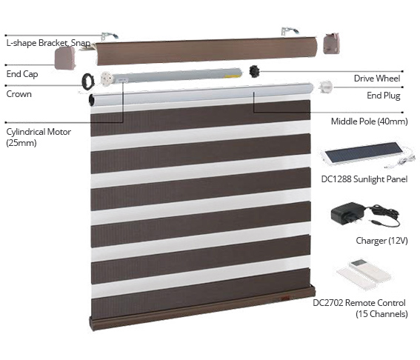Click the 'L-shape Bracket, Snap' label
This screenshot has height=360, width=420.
pyautogui.click(x=48, y=43)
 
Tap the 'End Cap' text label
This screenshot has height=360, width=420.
pyautogui.click(x=22, y=74)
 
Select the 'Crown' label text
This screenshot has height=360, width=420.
pyautogui.click(x=19, y=94)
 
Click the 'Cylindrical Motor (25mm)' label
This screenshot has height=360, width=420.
pyautogui.click(x=39, y=137)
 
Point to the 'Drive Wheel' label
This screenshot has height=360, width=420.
pyautogui.click(x=377, y=79)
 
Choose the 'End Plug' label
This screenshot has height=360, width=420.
pyautogui.click(x=383, y=96)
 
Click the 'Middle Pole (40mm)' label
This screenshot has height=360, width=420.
pyautogui.click(x=370, y=121)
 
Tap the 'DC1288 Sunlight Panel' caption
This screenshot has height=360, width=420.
pyautogui.click(x=364, y=179)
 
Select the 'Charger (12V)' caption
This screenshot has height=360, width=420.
pyautogui.click(x=381, y=241)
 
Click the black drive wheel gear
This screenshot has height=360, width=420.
pyautogui.click(x=254, y=71)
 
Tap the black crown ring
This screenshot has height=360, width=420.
pyautogui.click(x=88, y=81)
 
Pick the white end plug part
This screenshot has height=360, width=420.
pyautogui.click(x=325, y=87)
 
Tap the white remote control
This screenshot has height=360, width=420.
pyautogui.click(x=364, y=275)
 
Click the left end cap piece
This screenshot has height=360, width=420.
pyautogui.click(x=65, y=58)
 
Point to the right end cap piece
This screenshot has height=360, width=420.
pyautogui.click(x=332, y=44)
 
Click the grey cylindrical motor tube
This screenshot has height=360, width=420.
pyautogui.click(x=171, y=76)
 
